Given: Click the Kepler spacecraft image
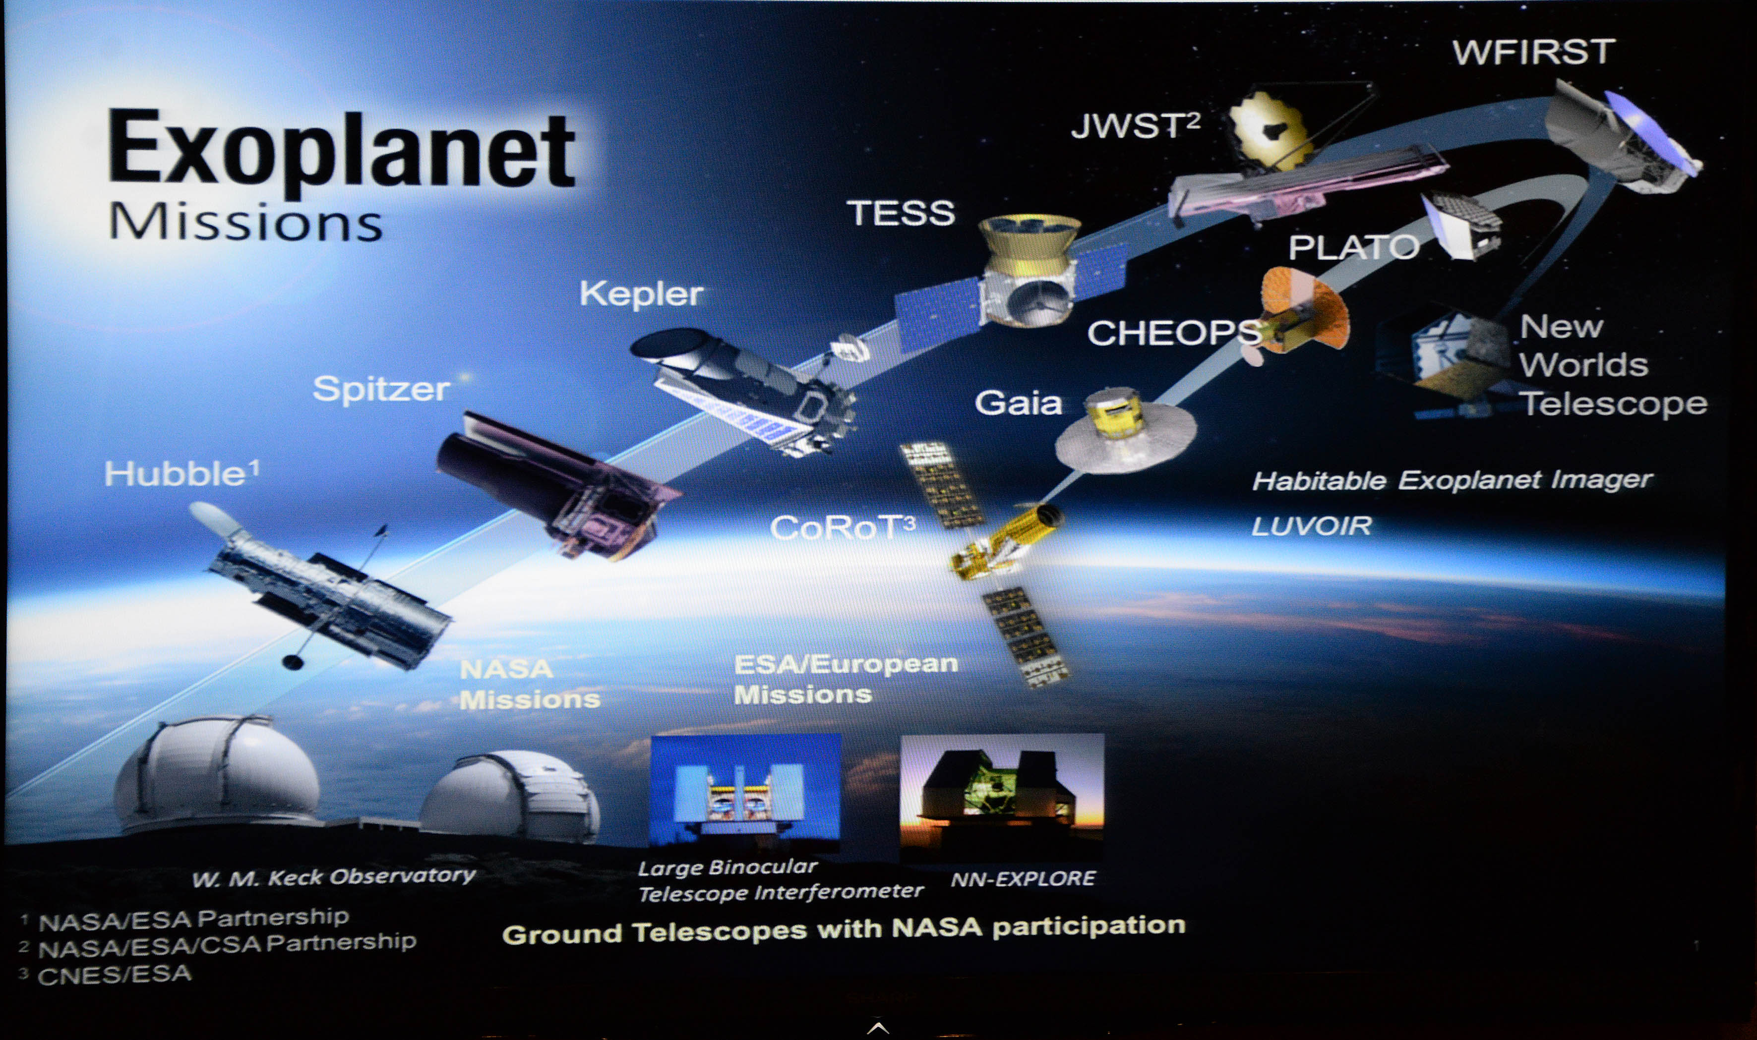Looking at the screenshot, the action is pyautogui.click(x=743, y=389).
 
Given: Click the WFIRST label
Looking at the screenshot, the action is pyautogui.click(x=1533, y=53).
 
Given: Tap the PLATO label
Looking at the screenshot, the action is pyautogui.click(x=1354, y=247).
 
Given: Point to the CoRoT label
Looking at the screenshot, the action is pyautogui.click(x=842, y=527).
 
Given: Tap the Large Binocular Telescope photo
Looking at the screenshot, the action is pyautogui.click(x=746, y=792).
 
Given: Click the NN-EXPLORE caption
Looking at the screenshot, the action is pyautogui.click(x=1023, y=878).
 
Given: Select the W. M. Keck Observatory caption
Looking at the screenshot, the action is pyautogui.click(x=334, y=876).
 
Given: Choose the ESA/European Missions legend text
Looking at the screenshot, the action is pyautogui.click(x=846, y=679).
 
